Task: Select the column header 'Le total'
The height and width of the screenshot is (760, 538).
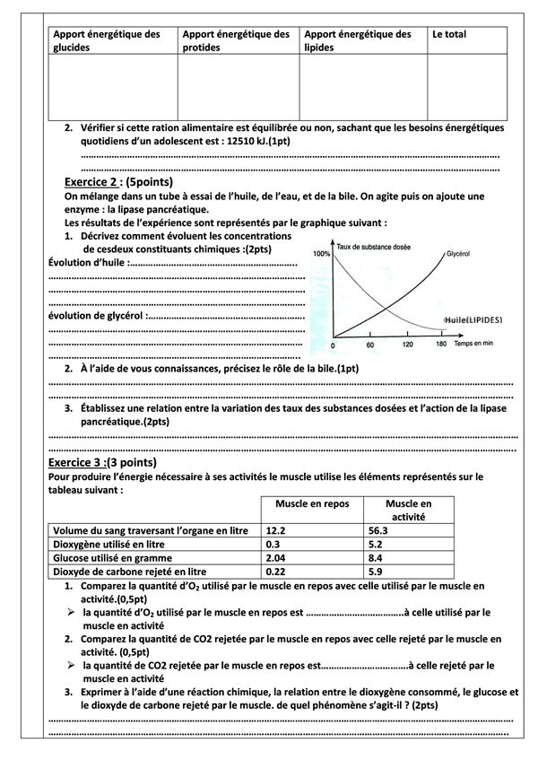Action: pos(449,34)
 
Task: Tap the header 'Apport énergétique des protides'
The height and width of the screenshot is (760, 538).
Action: pos(236,40)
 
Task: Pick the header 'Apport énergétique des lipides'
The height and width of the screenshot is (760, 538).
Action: pos(358,40)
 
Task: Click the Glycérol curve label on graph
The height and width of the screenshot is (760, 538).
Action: pos(458,254)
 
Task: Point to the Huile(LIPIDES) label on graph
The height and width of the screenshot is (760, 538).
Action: pos(473,319)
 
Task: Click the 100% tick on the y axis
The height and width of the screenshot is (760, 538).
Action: pos(321,255)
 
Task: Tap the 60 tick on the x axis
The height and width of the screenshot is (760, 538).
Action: pos(369,345)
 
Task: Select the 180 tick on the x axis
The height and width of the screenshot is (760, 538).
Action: pos(440,345)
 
